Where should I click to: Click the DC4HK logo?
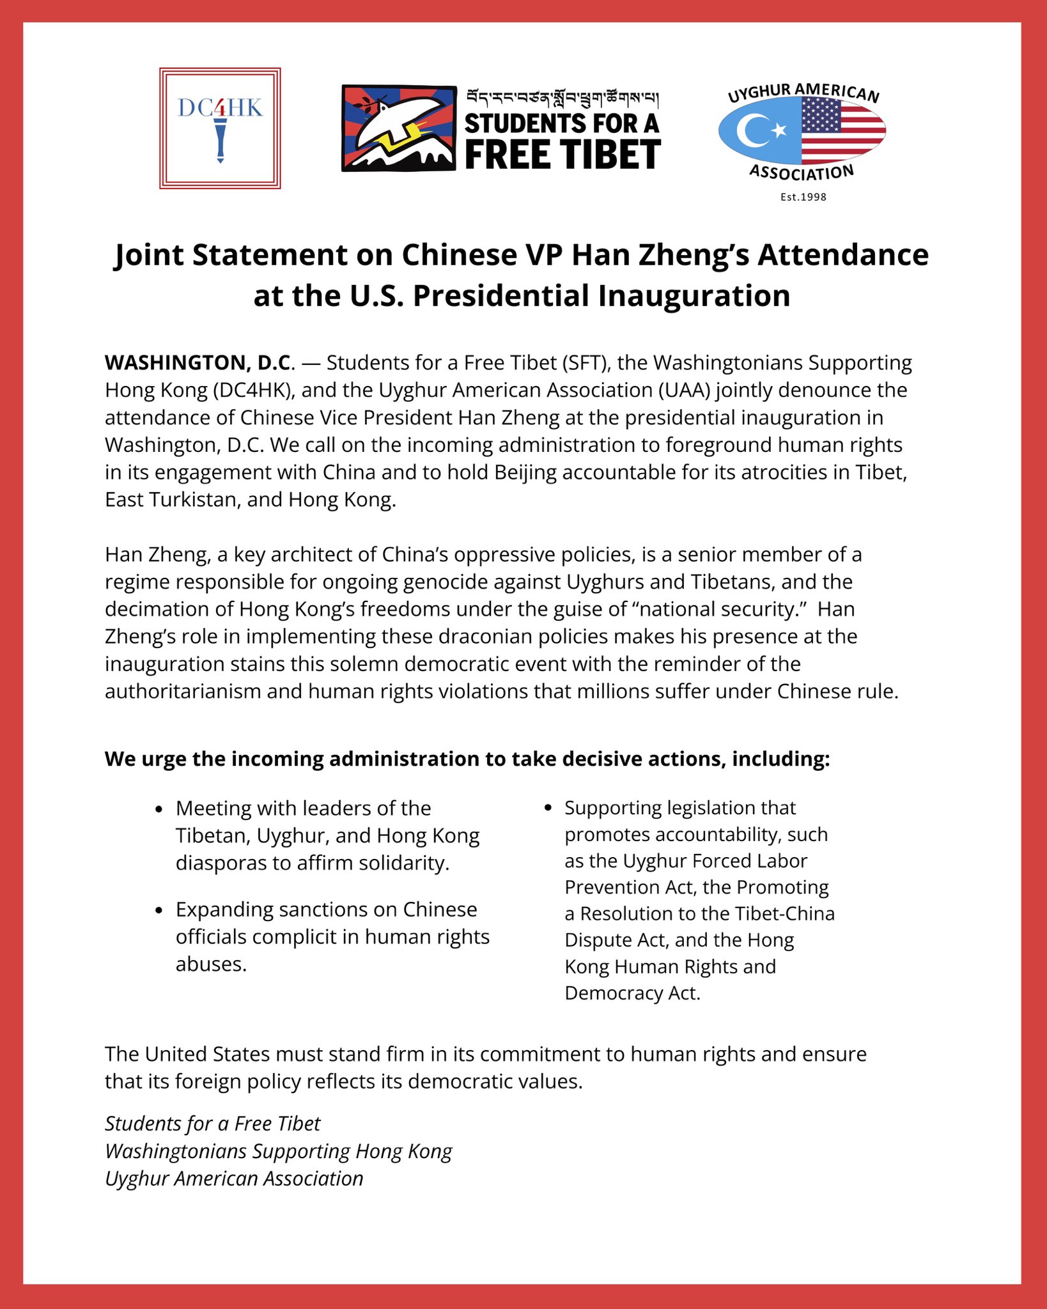(220, 128)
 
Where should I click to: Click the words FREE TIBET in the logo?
(562, 155)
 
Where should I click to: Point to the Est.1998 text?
(803, 197)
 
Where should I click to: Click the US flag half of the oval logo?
(842, 131)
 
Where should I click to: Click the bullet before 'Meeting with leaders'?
(159, 809)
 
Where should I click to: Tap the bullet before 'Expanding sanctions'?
(159, 910)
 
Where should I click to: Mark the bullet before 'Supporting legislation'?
(548, 809)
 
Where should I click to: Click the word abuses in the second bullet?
(210, 964)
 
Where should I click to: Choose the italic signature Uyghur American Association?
(234, 1179)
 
